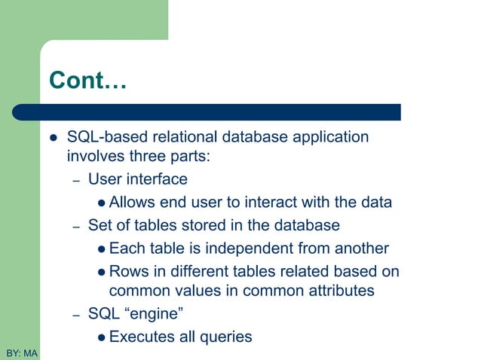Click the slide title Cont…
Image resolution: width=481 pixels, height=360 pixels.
click(87, 81)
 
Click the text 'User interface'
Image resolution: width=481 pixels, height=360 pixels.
click(137, 179)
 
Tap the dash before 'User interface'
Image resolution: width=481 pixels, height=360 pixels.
click(76, 181)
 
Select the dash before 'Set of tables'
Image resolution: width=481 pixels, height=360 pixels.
click(76, 226)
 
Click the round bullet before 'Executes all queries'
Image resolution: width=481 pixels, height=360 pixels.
click(102, 337)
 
